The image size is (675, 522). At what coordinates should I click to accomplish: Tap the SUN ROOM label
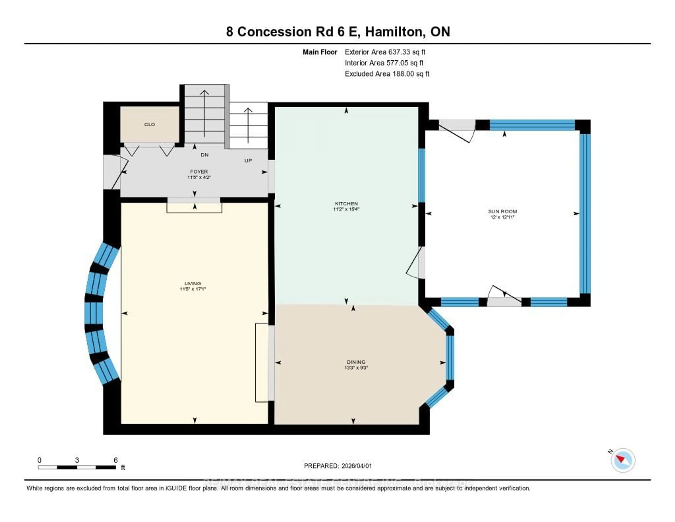[502, 211]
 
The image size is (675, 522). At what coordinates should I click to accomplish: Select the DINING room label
[356, 362]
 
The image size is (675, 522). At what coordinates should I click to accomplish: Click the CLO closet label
[150, 124]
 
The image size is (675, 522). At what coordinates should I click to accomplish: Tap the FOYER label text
[199, 171]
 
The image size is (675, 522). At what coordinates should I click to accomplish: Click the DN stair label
[205, 155]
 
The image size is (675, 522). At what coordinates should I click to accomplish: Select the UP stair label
[248, 161]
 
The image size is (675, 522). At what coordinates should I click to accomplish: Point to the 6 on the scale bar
[116, 460]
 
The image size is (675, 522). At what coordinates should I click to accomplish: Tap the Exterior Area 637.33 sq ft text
[385, 52]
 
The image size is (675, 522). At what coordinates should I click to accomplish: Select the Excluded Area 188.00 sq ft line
[387, 74]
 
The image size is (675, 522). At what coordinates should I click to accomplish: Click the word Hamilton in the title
[393, 32]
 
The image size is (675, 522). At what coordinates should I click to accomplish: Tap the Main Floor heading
[320, 52]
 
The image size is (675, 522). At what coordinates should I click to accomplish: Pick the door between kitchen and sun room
[416, 263]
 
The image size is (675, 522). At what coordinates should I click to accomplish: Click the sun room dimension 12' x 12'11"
[502, 217]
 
